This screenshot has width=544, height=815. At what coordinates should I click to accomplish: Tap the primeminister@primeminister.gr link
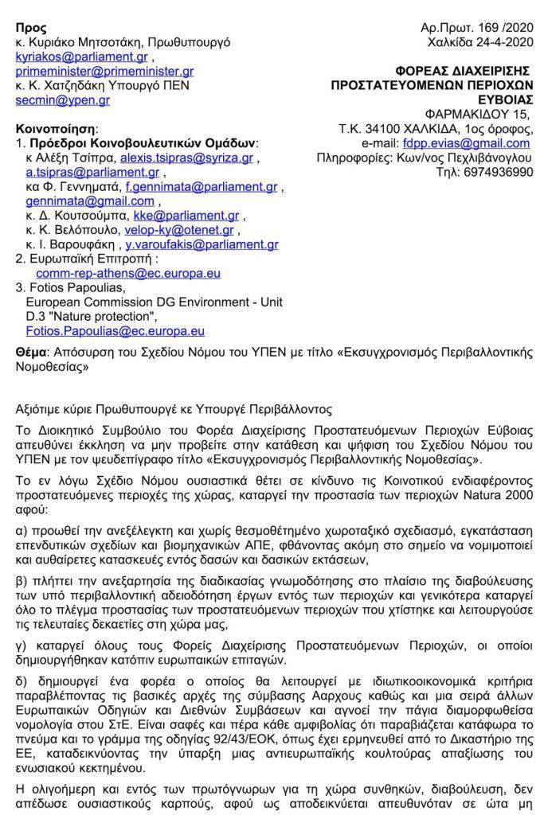104,72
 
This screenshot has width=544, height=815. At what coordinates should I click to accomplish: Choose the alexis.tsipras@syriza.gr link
186,158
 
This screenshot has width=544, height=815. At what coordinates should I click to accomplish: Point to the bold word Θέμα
32,351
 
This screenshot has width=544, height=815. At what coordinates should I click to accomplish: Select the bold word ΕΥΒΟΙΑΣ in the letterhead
504,100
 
